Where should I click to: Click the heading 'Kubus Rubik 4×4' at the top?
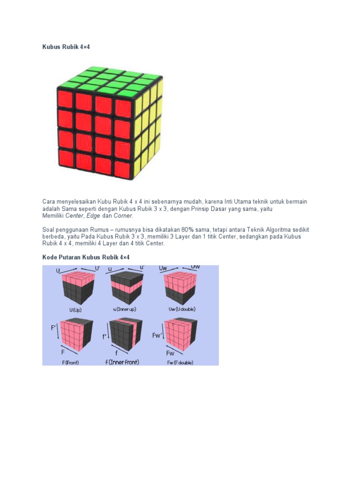pos(66,47)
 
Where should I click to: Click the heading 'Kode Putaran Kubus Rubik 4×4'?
pos(86,257)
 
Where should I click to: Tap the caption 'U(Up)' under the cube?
pos(75,310)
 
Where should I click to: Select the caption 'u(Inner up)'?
pos(125,309)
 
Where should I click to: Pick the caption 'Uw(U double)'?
pos(182,309)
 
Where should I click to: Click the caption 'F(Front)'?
pos(70,362)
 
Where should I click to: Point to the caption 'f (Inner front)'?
pos(122,362)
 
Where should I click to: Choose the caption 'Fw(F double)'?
pos(180,363)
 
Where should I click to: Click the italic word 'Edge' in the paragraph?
pos(93,216)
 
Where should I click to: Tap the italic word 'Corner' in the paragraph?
pos(123,216)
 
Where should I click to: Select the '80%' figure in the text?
pos(187,230)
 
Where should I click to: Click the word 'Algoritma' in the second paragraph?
pos(278,230)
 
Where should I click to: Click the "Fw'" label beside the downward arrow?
pos(157,336)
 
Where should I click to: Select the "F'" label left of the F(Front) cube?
pos(53,328)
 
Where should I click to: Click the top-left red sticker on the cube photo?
pos(65,98)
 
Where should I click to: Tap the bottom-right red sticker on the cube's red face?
pos(123,169)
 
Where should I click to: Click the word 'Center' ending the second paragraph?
pos(155,243)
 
